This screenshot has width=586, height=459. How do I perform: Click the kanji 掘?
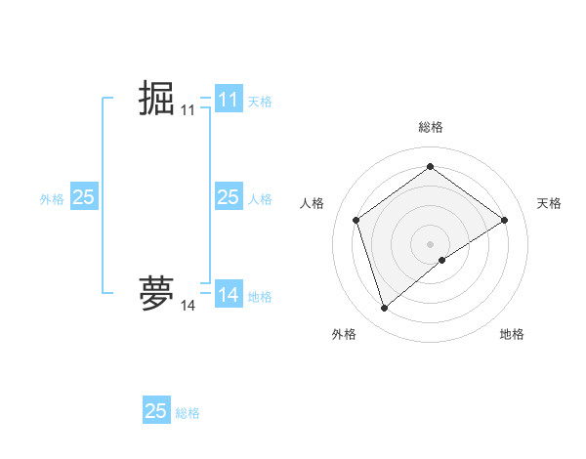(156, 99)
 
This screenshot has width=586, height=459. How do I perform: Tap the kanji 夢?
(156, 294)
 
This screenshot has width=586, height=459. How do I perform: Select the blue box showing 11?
(228, 100)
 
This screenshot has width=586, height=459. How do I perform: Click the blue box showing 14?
(228, 295)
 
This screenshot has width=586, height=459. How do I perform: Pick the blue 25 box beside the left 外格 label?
(83, 197)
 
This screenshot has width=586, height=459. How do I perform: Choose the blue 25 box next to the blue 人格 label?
(228, 197)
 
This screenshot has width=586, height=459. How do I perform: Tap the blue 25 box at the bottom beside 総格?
(156, 410)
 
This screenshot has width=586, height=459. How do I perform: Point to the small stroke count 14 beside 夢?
(188, 306)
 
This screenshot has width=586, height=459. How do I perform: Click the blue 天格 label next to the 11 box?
(260, 101)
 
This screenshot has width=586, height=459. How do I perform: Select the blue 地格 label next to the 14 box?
(260, 296)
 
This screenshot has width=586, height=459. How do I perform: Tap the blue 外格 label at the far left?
(52, 198)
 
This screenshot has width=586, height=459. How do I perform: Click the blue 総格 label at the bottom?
(188, 412)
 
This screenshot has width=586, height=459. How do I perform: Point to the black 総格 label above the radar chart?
(430, 127)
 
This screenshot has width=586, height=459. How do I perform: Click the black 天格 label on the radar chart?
(549, 203)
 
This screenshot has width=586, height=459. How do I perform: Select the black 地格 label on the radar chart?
(512, 334)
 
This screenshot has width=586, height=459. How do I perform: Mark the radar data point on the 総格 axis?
(430, 167)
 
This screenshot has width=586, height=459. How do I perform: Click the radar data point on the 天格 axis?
(504, 220)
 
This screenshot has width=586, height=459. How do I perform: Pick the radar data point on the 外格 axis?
(384, 309)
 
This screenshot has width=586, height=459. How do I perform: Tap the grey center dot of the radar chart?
(430, 243)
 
